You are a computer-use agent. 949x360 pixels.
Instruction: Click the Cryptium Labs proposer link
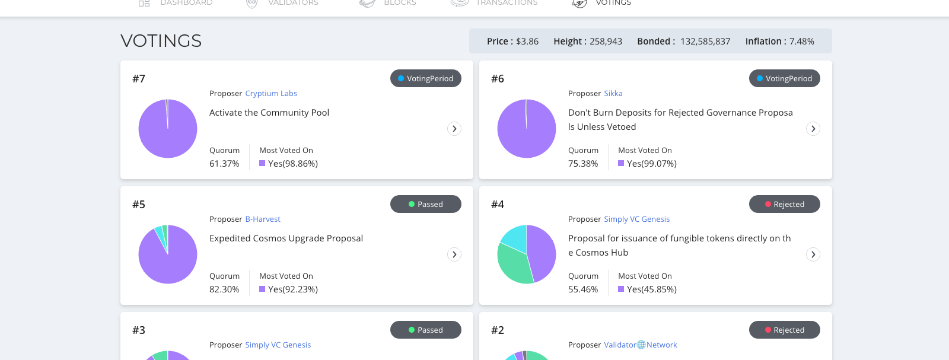270,93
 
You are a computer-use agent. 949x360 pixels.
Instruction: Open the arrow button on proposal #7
454,129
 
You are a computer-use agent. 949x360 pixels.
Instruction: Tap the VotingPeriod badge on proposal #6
784,78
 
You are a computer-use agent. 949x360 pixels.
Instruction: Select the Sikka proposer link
613,93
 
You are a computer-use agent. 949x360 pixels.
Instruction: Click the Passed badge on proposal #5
425,204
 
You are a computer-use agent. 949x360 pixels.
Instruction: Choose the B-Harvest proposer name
262,219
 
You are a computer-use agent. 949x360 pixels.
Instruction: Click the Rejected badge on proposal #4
784,204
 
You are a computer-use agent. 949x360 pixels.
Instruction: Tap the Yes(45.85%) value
651,289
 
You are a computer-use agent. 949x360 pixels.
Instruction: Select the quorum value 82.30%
224,289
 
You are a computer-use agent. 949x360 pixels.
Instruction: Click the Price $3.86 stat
512,42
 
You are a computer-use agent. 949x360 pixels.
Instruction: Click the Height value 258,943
605,42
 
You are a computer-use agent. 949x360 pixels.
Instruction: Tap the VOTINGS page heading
161,41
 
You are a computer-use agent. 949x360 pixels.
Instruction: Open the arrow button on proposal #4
813,254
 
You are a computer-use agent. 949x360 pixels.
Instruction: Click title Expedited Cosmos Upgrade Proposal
286,238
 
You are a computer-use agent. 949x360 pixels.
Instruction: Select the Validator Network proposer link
640,345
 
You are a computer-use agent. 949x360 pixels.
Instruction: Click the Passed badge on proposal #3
425,330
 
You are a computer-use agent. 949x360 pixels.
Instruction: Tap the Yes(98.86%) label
292,164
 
